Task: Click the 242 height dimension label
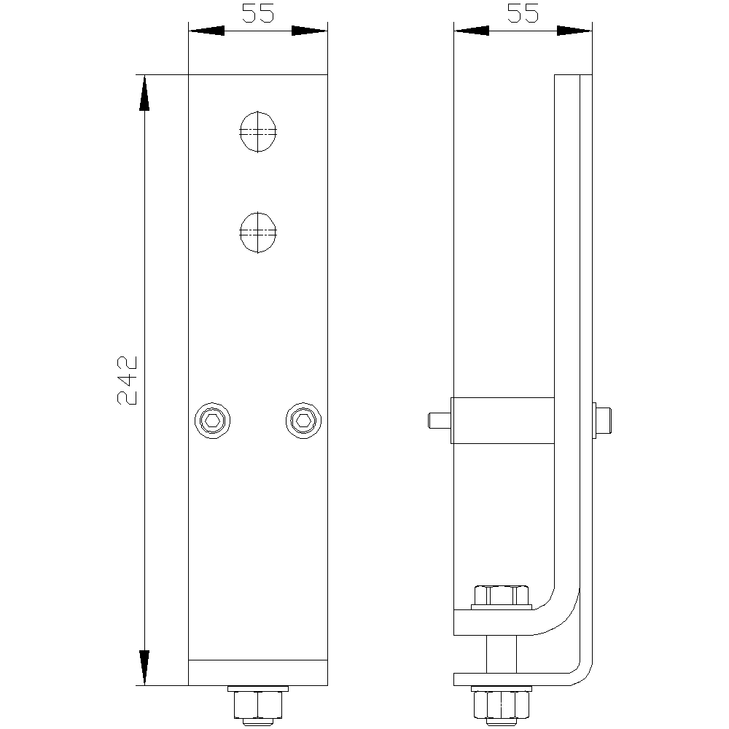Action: click(128, 381)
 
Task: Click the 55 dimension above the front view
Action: click(258, 13)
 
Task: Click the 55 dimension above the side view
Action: click(523, 13)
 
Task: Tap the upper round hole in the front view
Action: click(258, 131)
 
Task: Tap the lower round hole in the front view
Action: click(258, 233)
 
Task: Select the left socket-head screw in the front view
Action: click(212, 421)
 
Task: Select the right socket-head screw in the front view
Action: click(303, 421)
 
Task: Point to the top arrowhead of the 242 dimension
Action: click(144, 93)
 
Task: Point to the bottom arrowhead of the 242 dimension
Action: click(144, 667)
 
